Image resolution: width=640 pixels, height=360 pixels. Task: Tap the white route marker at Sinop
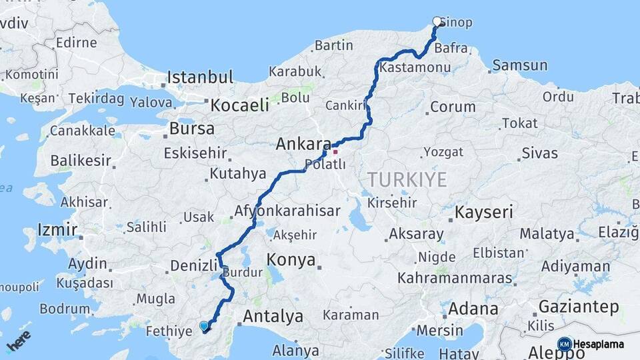pos(437,21)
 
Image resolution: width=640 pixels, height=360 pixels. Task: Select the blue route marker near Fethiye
pos(204,326)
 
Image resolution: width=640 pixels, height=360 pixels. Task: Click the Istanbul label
pos(200,77)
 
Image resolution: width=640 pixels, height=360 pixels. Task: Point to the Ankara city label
pos(303,143)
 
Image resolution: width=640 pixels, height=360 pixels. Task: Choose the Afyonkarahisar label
pos(287,211)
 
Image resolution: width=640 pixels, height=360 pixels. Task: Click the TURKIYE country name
pos(406,178)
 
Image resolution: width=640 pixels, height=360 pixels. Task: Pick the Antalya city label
pos(273,316)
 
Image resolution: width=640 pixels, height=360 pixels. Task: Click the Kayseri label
pos(484,213)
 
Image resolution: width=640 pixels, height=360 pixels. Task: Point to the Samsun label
pos(520,65)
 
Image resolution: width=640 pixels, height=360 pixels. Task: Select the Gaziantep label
pos(579,307)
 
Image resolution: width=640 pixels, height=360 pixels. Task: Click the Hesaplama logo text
pos(598,344)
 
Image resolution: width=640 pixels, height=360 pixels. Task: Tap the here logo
pos(19,342)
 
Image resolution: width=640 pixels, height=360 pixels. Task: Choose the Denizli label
pos(194,265)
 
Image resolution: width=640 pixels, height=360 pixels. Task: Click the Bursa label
pos(192,128)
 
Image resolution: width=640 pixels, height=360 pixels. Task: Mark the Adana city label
pos(473,309)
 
